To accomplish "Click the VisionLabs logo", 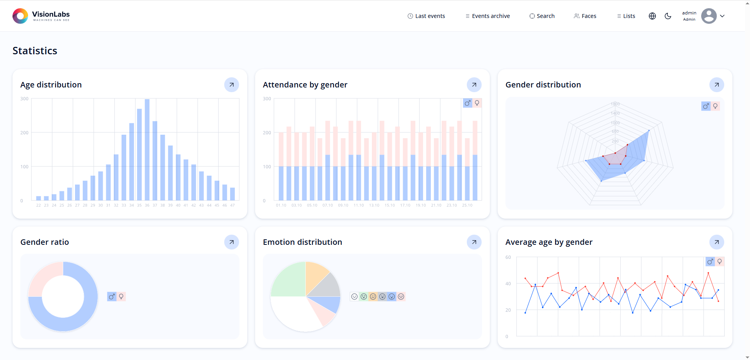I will pos(41,16).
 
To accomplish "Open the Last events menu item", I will pos(426,16).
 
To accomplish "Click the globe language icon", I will pos(652,16).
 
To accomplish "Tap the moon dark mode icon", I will pos(668,16).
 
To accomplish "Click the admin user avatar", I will pos(709,16).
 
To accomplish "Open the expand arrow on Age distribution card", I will pos(232,85).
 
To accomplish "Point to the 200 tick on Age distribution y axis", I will pos(24,133).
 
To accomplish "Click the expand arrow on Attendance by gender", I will pos(474,85).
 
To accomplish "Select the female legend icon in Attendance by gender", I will pos(477,103).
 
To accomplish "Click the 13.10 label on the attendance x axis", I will pos(374,205).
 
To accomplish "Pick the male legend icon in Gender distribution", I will pos(705,106).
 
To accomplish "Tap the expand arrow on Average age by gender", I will pos(717,242).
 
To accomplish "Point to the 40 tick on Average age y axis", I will pos(508,284).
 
